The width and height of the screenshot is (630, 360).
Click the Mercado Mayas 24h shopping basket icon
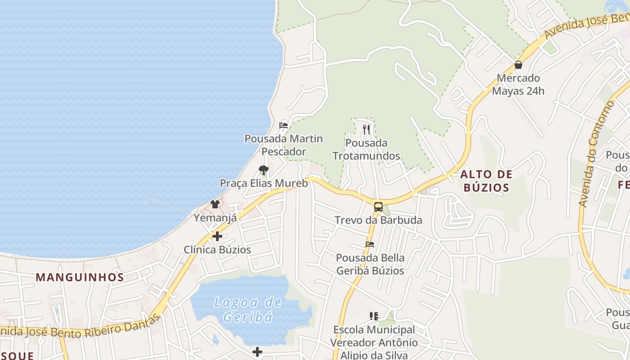click(518, 65)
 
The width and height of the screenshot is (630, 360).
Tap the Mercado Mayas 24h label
click(518, 85)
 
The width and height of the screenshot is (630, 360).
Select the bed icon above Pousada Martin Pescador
click(283, 126)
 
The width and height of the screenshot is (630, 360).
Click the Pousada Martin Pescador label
click(283, 145)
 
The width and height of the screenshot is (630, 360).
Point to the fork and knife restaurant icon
click(366, 130)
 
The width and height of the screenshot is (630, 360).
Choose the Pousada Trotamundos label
click(366, 149)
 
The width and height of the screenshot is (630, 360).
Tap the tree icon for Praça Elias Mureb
click(264, 170)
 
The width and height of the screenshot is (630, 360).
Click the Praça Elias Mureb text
click(264, 183)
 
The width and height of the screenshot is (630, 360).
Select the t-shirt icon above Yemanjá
click(215, 204)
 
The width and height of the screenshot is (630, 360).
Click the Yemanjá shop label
click(215, 218)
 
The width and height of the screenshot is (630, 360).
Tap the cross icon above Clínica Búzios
click(217, 236)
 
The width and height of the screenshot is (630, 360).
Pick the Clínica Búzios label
click(217, 250)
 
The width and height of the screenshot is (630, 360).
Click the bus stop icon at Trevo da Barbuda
click(378, 207)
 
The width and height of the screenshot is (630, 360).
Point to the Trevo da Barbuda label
click(378, 220)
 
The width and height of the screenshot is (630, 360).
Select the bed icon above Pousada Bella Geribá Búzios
click(370, 244)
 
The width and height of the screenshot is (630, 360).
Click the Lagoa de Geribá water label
click(248, 310)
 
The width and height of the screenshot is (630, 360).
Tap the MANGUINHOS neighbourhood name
click(80, 277)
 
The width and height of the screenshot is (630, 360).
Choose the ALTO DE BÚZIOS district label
click(486, 181)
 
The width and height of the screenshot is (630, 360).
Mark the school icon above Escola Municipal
click(373, 316)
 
